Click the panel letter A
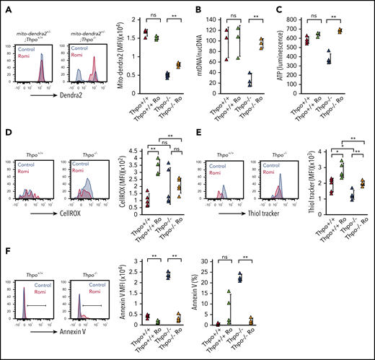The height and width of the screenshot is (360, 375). point(4,5)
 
